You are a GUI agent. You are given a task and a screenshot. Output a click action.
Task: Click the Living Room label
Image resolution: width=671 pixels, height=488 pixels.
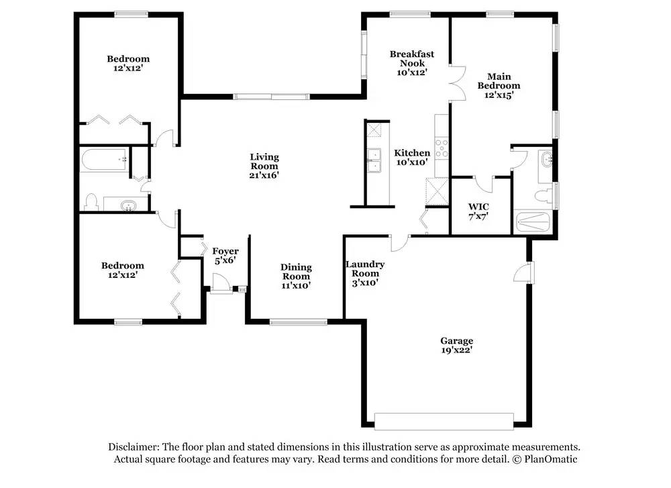coord(264,166)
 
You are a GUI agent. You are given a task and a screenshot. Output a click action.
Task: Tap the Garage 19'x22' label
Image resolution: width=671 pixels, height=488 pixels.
coord(456,345)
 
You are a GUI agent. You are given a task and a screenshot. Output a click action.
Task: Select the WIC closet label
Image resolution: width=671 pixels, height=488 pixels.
coord(478,211)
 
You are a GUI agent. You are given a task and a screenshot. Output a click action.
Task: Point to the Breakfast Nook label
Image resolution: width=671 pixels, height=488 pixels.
coord(412,63)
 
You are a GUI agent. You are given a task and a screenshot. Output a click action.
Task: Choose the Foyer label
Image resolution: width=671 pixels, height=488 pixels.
coord(225,256)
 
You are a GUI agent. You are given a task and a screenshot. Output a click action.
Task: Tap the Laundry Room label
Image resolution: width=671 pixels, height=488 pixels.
coord(365,273)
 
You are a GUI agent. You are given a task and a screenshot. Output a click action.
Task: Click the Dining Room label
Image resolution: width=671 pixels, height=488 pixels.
coord(295,276)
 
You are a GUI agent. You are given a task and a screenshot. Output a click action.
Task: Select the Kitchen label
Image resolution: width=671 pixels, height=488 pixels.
coord(412,157)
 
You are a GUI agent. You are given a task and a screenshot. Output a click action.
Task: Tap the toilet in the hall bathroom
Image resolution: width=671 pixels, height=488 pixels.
coord(93,201)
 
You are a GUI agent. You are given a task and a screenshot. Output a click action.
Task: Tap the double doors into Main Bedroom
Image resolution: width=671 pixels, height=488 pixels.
coord(457,84)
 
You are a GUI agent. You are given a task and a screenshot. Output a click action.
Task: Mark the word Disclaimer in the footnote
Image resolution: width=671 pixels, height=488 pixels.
coord(133,447)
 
